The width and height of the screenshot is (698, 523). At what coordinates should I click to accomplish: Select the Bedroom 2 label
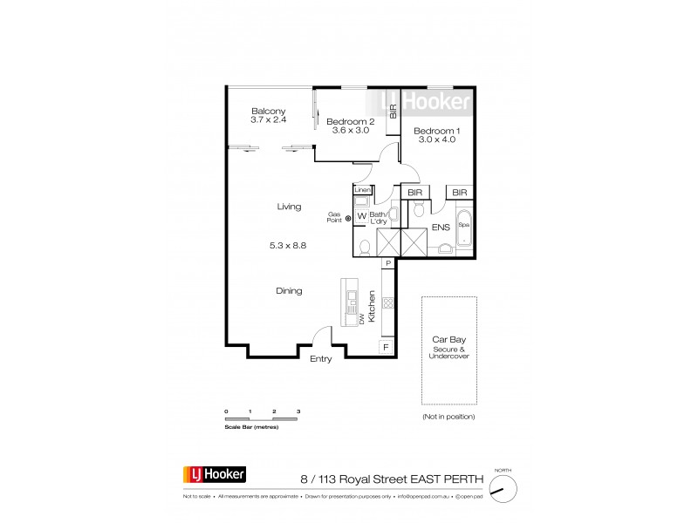pyautogui.click(x=351, y=122)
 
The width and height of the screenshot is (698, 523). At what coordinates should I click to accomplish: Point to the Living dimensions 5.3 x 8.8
pyautogui.click(x=289, y=247)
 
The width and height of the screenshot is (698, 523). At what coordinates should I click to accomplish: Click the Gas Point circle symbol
pyautogui.click(x=348, y=218)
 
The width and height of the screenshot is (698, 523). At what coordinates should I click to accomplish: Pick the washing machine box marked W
pyautogui.click(x=361, y=218)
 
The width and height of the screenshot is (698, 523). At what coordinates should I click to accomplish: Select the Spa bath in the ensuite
pyautogui.click(x=463, y=225)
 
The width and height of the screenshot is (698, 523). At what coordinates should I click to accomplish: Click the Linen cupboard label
pyautogui.click(x=362, y=189)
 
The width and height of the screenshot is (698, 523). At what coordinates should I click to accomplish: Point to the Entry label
pyautogui.click(x=320, y=358)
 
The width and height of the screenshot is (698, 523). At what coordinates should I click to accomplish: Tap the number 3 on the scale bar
pyautogui.click(x=298, y=410)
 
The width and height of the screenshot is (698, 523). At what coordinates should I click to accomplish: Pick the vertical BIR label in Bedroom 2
pyautogui.click(x=393, y=110)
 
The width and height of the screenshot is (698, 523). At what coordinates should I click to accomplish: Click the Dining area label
pyautogui.click(x=289, y=292)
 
